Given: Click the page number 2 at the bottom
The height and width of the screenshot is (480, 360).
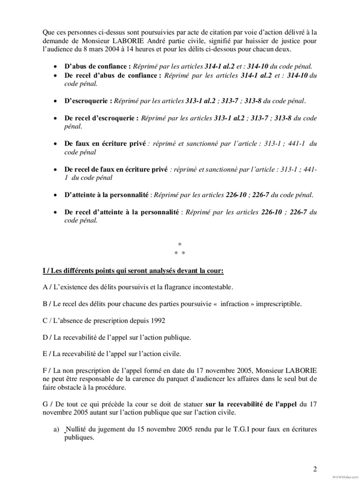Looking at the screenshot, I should pyautogui.click(x=315, y=469).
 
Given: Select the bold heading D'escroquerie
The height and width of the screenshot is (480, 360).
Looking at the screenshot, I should pyautogui.click(x=88, y=101).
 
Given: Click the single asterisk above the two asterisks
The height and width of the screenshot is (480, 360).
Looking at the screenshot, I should pyautogui.click(x=180, y=244).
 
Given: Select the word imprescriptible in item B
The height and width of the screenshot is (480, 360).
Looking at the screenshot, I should pyautogui.click(x=278, y=304).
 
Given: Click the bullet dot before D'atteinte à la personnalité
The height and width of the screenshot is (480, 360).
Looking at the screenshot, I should pyautogui.click(x=55, y=195).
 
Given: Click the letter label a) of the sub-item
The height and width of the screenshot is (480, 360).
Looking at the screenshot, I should pyautogui.click(x=56, y=429).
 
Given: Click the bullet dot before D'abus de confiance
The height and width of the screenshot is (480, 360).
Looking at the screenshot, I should pyautogui.click(x=55, y=67).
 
